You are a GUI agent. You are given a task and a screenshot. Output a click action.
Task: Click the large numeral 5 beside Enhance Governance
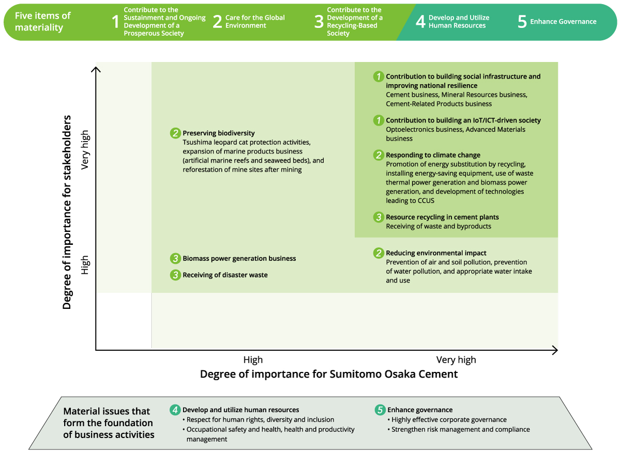(x=522, y=22)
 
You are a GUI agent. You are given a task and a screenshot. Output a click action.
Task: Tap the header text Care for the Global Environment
(x=255, y=21)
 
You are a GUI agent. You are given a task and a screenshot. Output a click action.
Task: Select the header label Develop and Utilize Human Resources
(x=459, y=21)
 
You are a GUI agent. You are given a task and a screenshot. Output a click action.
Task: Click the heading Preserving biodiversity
(x=219, y=133)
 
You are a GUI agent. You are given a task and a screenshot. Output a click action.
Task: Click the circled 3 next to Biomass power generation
(x=175, y=258)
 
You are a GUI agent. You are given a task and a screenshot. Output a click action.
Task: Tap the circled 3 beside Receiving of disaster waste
(x=175, y=275)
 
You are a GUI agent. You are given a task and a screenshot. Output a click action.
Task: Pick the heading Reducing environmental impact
(x=436, y=253)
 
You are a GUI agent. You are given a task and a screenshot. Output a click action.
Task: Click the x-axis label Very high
(x=456, y=360)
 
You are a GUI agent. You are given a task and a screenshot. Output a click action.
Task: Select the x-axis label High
(x=253, y=360)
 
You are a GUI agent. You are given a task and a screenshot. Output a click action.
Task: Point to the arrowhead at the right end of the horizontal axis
(x=555, y=350)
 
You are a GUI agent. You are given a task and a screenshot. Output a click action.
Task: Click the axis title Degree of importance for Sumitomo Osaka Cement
(x=329, y=374)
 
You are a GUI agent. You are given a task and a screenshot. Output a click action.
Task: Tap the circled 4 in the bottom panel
(x=175, y=410)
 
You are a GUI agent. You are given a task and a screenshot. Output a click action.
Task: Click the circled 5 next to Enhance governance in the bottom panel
(x=380, y=410)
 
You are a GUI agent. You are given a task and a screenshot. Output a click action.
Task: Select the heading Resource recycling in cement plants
(x=442, y=217)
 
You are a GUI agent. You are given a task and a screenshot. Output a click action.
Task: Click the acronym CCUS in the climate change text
(x=425, y=200)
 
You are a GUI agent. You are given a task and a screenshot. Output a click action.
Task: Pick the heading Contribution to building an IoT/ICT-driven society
(x=463, y=120)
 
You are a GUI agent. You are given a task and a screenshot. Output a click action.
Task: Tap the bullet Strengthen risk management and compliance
(x=460, y=429)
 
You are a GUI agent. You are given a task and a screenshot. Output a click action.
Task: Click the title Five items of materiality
(x=43, y=21)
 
